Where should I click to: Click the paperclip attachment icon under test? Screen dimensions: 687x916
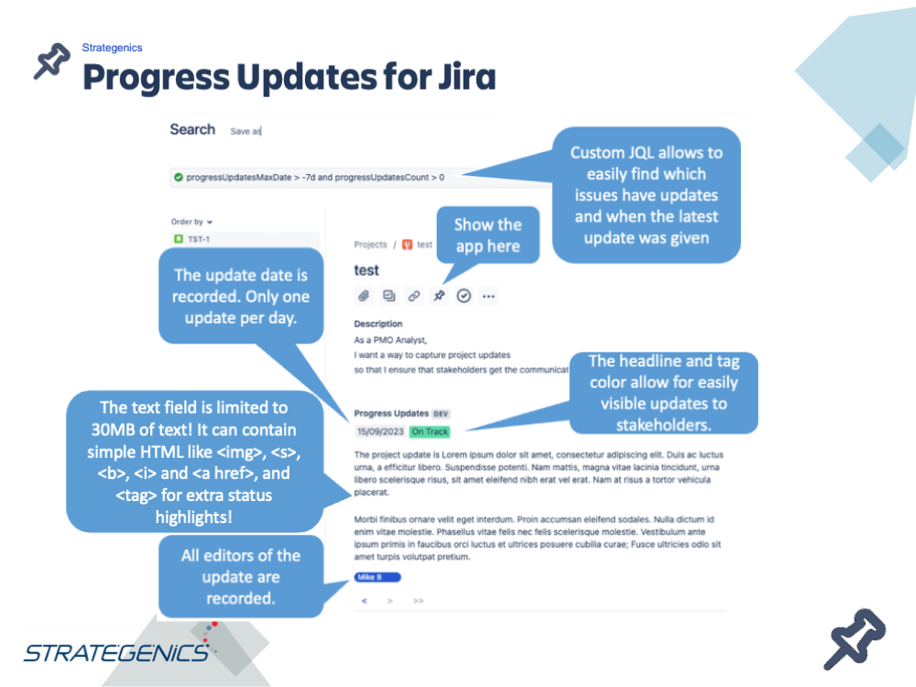point(364,296)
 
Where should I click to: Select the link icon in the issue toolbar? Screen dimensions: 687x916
point(414,296)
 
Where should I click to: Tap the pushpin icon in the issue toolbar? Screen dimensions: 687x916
point(439,296)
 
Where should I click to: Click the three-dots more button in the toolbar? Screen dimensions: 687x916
point(488,296)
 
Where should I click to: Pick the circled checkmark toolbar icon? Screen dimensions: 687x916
point(463,296)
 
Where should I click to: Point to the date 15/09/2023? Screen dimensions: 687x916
point(379,431)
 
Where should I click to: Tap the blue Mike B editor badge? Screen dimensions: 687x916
point(376,577)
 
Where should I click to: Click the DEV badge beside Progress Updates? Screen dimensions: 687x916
point(442,414)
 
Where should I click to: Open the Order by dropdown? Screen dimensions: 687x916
point(192,222)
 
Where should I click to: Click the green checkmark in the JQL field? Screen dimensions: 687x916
point(179,177)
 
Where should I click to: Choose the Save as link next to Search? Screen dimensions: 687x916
point(245,132)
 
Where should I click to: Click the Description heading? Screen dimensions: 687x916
point(378,324)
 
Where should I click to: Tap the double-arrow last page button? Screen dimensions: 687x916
point(418,601)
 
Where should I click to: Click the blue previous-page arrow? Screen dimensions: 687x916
point(365,601)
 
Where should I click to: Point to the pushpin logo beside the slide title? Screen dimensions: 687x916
point(52,63)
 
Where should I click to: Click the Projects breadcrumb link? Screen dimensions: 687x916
point(371,245)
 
